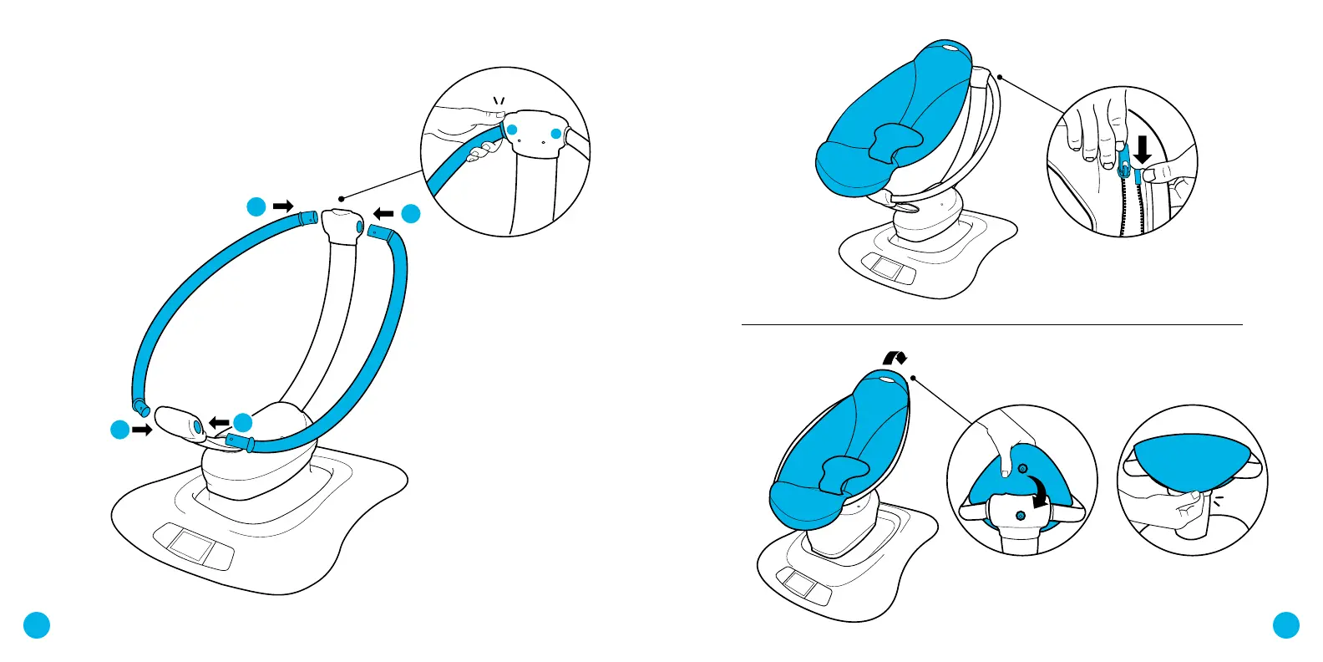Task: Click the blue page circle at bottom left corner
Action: coord(37,624)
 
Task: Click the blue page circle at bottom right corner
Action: coord(1286,624)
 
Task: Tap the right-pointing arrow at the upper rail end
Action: coord(284,206)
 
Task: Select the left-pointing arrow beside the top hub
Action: coord(383,214)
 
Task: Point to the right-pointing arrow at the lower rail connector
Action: coord(142,430)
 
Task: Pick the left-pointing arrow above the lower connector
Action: coord(219,423)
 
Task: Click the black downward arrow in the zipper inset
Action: coord(1142,149)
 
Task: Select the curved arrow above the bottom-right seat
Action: coord(895,357)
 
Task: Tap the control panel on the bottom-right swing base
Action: coord(803,583)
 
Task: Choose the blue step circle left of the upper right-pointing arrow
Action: coord(256,206)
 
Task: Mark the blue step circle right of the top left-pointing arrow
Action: coord(410,214)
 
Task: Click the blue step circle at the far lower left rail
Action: coord(120,430)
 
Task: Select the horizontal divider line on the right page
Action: coord(992,324)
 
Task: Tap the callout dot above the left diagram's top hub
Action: coord(342,199)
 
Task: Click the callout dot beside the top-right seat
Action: coord(1000,78)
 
